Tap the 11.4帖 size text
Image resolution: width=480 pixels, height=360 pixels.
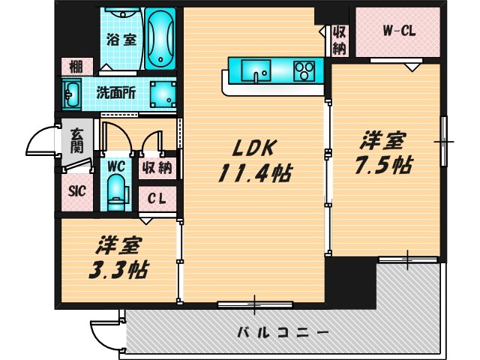coord(253,174)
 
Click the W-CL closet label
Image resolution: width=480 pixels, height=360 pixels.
coord(398,31)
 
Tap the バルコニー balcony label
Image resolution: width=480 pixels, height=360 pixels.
coord(283,331)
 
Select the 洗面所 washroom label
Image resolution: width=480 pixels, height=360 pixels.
coord(115,94)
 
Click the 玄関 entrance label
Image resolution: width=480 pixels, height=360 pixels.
coord(77,140)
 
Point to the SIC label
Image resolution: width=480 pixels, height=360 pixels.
coord(76,190)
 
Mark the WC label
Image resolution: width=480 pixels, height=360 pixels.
coord(115,166)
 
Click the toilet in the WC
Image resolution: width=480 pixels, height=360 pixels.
coord(115,192)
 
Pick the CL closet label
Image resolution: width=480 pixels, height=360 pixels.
coord(157,199)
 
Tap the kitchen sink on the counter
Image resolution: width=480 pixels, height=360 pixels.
coord(259,73)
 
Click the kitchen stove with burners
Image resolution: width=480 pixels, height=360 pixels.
coord(304,72)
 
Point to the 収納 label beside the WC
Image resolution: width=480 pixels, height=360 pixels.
coord(157,167)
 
